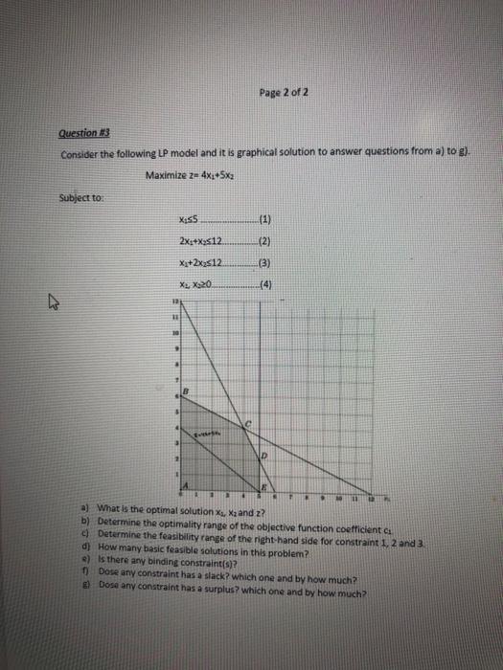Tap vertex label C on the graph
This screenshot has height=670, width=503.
246,423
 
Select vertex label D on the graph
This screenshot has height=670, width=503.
266,459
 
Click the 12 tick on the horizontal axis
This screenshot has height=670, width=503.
369,499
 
